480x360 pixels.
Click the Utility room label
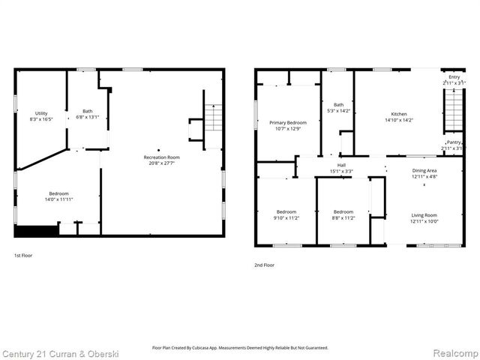tap(40, 113)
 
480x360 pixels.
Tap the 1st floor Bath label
tap(88, 111)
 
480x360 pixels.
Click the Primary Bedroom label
tap(288, 122)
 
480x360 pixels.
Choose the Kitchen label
tap(398, 114)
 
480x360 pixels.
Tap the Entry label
tap(454, 76)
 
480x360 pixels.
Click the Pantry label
tap(454, 142)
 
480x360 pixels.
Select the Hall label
tap(341, 165)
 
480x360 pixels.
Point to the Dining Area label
tap(424, 170)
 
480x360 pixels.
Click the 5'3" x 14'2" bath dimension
tap(339, 110)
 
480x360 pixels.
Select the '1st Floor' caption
tap(23, 256)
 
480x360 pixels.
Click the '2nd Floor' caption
tap(264, 265)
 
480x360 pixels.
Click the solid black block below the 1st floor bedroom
tap(36, 230)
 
